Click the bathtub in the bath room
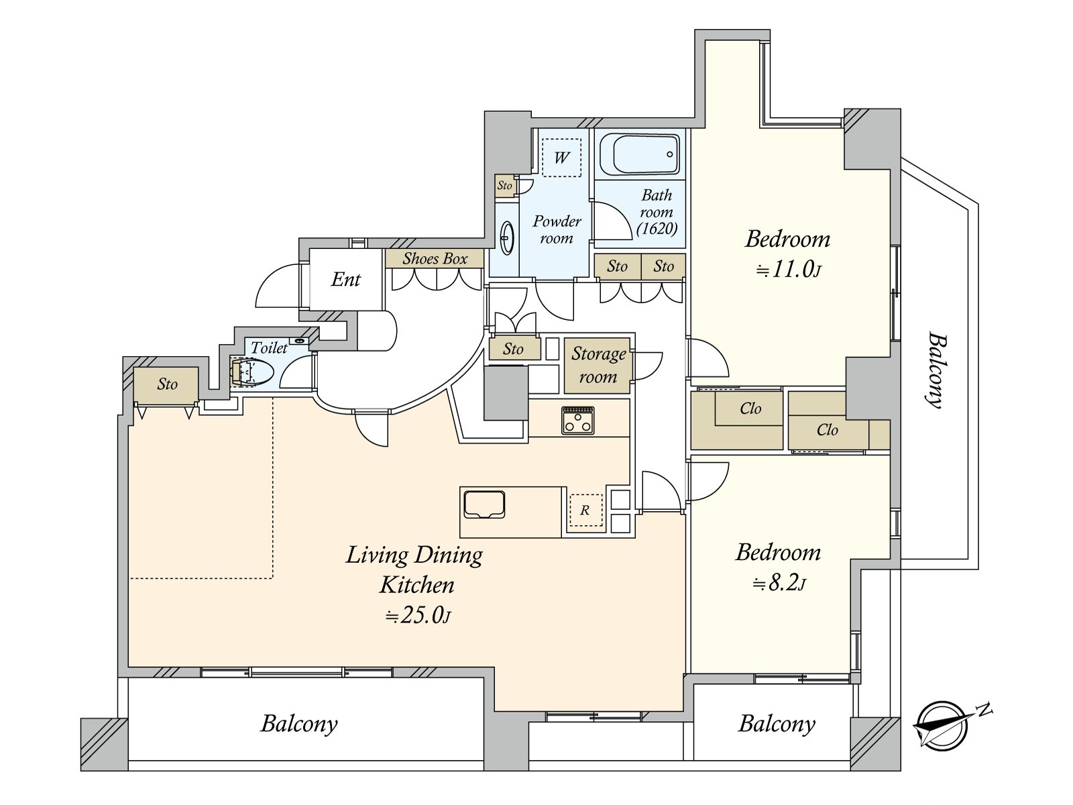click(639, 154)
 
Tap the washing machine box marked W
click(561, 158)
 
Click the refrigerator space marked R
click(586, 511)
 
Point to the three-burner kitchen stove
click(578, 420)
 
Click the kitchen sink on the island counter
click(484, 504)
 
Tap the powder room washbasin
click(508, 237)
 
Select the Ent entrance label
click(345, 280)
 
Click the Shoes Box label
click(435, 258)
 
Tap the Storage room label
click(598, 365)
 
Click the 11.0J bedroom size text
click(789, 270)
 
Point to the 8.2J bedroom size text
click(779, 583)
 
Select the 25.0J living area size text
click(418, 616)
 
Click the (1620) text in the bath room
click(657, 228)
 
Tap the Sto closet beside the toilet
click(167, 384)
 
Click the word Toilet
click(269, 347)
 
